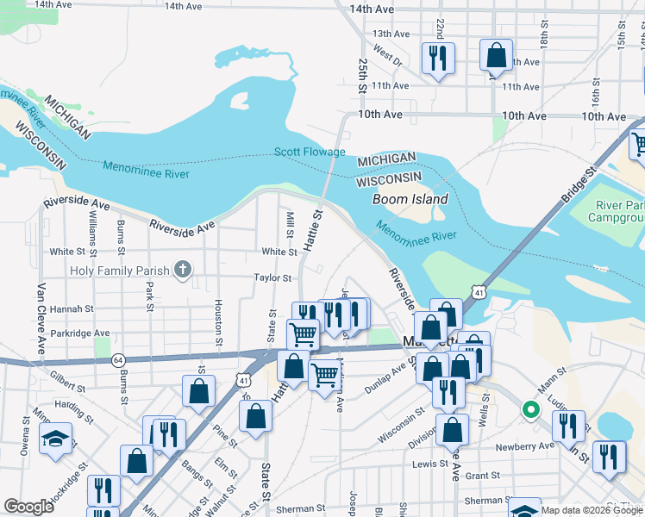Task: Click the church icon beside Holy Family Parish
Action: click(x=181, y=271)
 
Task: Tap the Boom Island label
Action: click(x=410, y=199)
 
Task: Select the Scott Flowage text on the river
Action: click(x=310, y=153)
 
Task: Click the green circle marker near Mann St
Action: click(x=531, y=409)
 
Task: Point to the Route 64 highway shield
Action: click(x=118, y=358)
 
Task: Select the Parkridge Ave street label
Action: click(x=80, y=333)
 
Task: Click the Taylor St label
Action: click(x=274, y=277)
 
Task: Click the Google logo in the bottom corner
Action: click(x=28, y=507)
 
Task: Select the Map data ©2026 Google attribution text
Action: click(x=592, y=510)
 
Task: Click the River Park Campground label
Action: click(x=619, y=212)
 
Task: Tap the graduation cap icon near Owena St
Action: click(x=55, y=439)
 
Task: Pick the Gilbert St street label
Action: click(x=70, y=377)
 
